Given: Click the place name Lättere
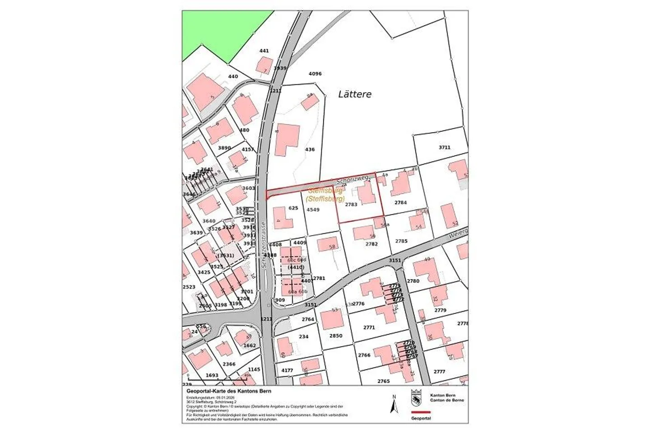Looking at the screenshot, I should click(355, 94).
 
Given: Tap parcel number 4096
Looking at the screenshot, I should click(315, 74).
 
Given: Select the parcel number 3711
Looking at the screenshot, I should click(444, 147).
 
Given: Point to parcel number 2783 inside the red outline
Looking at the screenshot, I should click(351, 205).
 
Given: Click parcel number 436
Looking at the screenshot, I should click(310, 149).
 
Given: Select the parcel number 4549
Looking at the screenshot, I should click(313, 210).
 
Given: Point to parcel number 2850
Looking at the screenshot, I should click(335, 336).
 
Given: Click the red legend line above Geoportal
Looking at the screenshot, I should click(421, 412).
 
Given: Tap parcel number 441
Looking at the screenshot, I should click(264, 51).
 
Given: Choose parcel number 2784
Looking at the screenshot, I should click(401, 203).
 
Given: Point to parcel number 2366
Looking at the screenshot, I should click(229, 364).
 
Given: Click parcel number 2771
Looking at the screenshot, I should click(369, 327).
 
